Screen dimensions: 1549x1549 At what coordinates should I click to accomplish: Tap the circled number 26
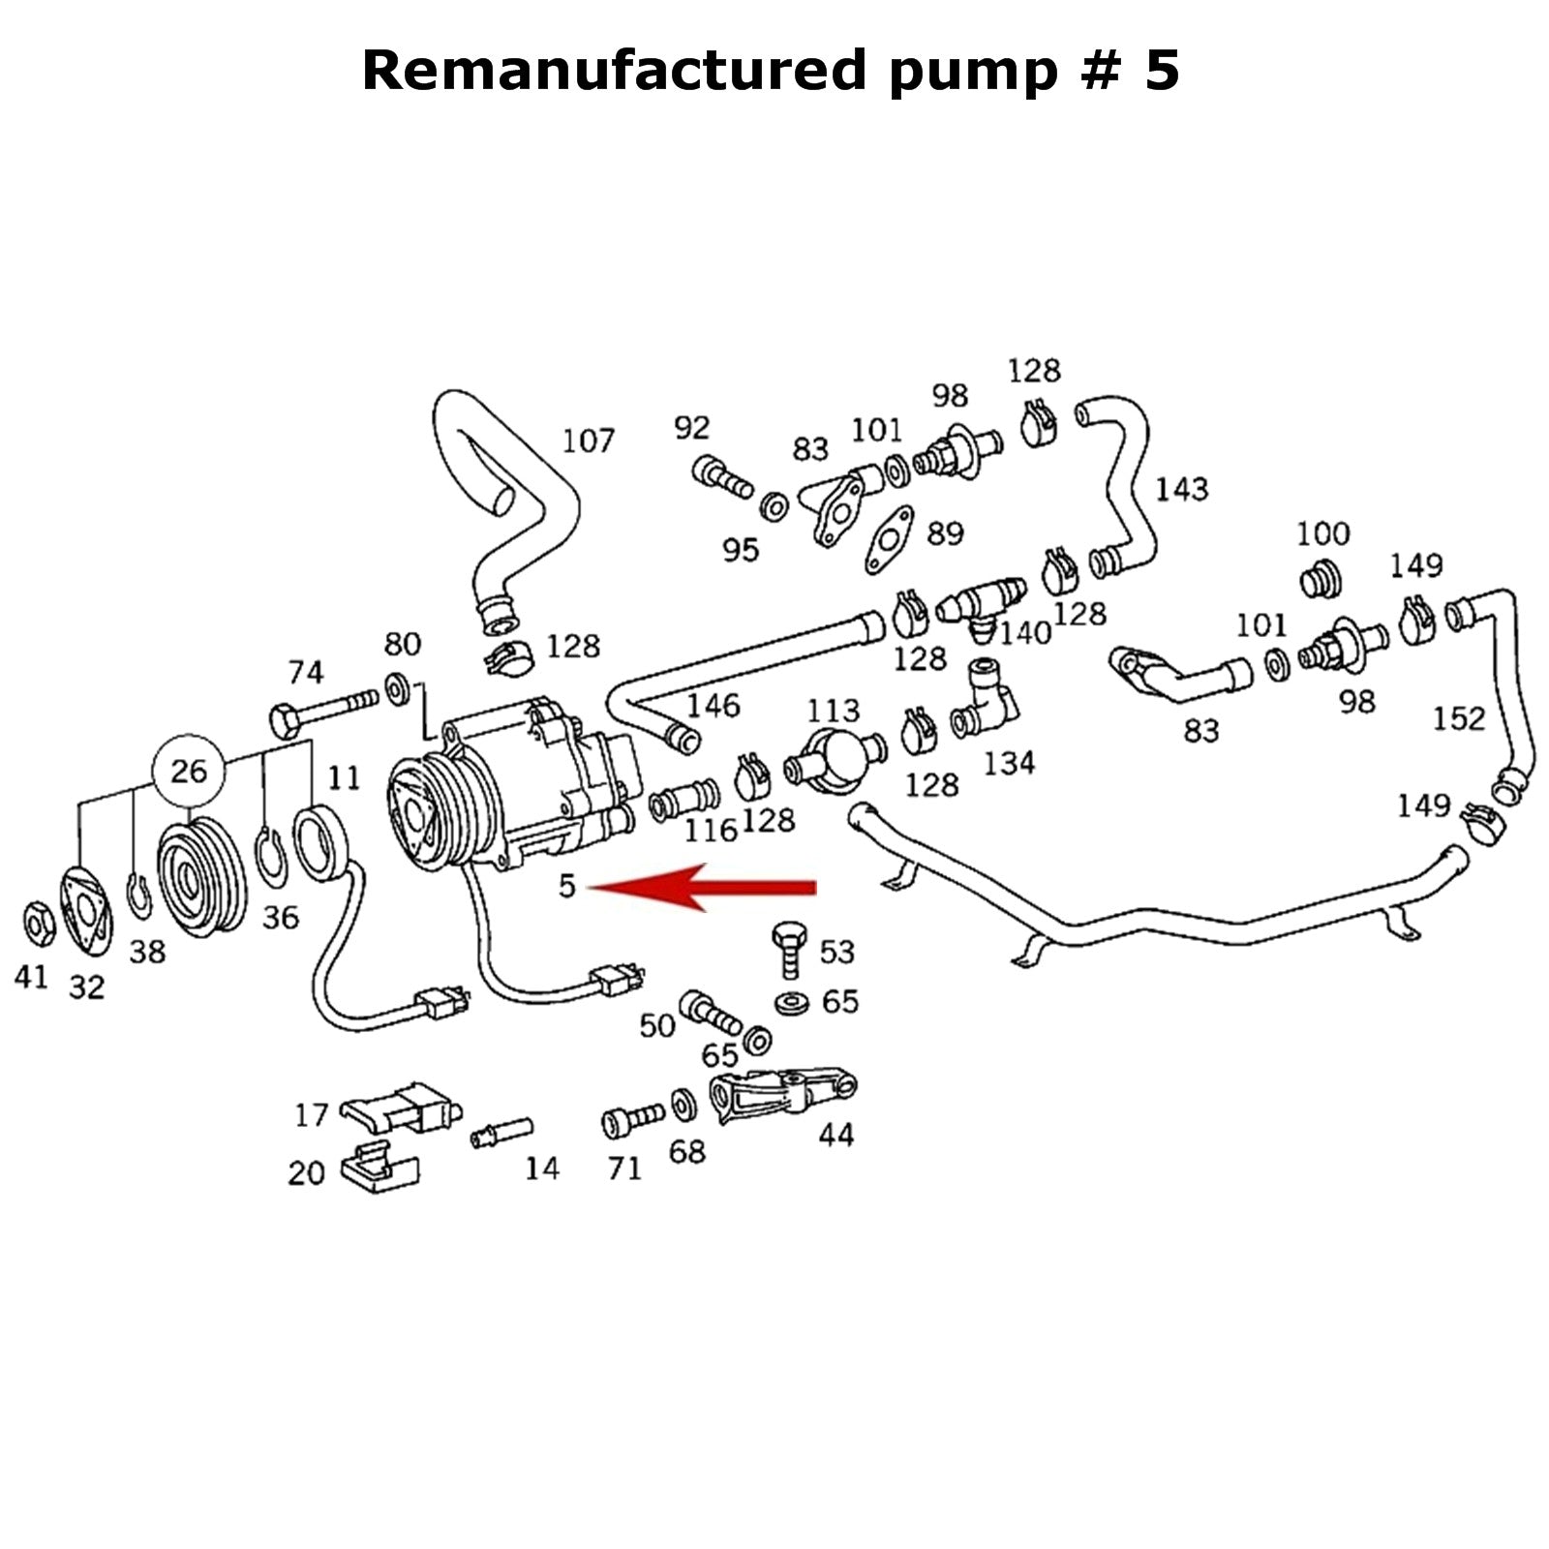(x=189, y=771)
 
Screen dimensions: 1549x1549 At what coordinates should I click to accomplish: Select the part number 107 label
(x=589, y=441)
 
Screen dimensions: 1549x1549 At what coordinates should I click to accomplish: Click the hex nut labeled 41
(x=38, y=924)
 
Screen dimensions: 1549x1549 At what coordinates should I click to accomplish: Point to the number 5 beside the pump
(x=567, y=885)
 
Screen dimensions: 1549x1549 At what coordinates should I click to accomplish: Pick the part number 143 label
(x=1181, y=489)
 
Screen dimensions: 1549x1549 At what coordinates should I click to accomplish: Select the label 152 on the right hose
(x=1458, y=718)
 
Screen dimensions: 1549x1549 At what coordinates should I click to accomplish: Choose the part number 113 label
(x=833, y=711)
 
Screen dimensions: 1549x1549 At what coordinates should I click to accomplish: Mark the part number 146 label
(x=713, y=705)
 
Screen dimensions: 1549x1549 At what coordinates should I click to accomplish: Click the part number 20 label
(x=306, y=1172)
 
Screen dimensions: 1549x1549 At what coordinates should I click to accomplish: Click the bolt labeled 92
(x=721, y=476)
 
